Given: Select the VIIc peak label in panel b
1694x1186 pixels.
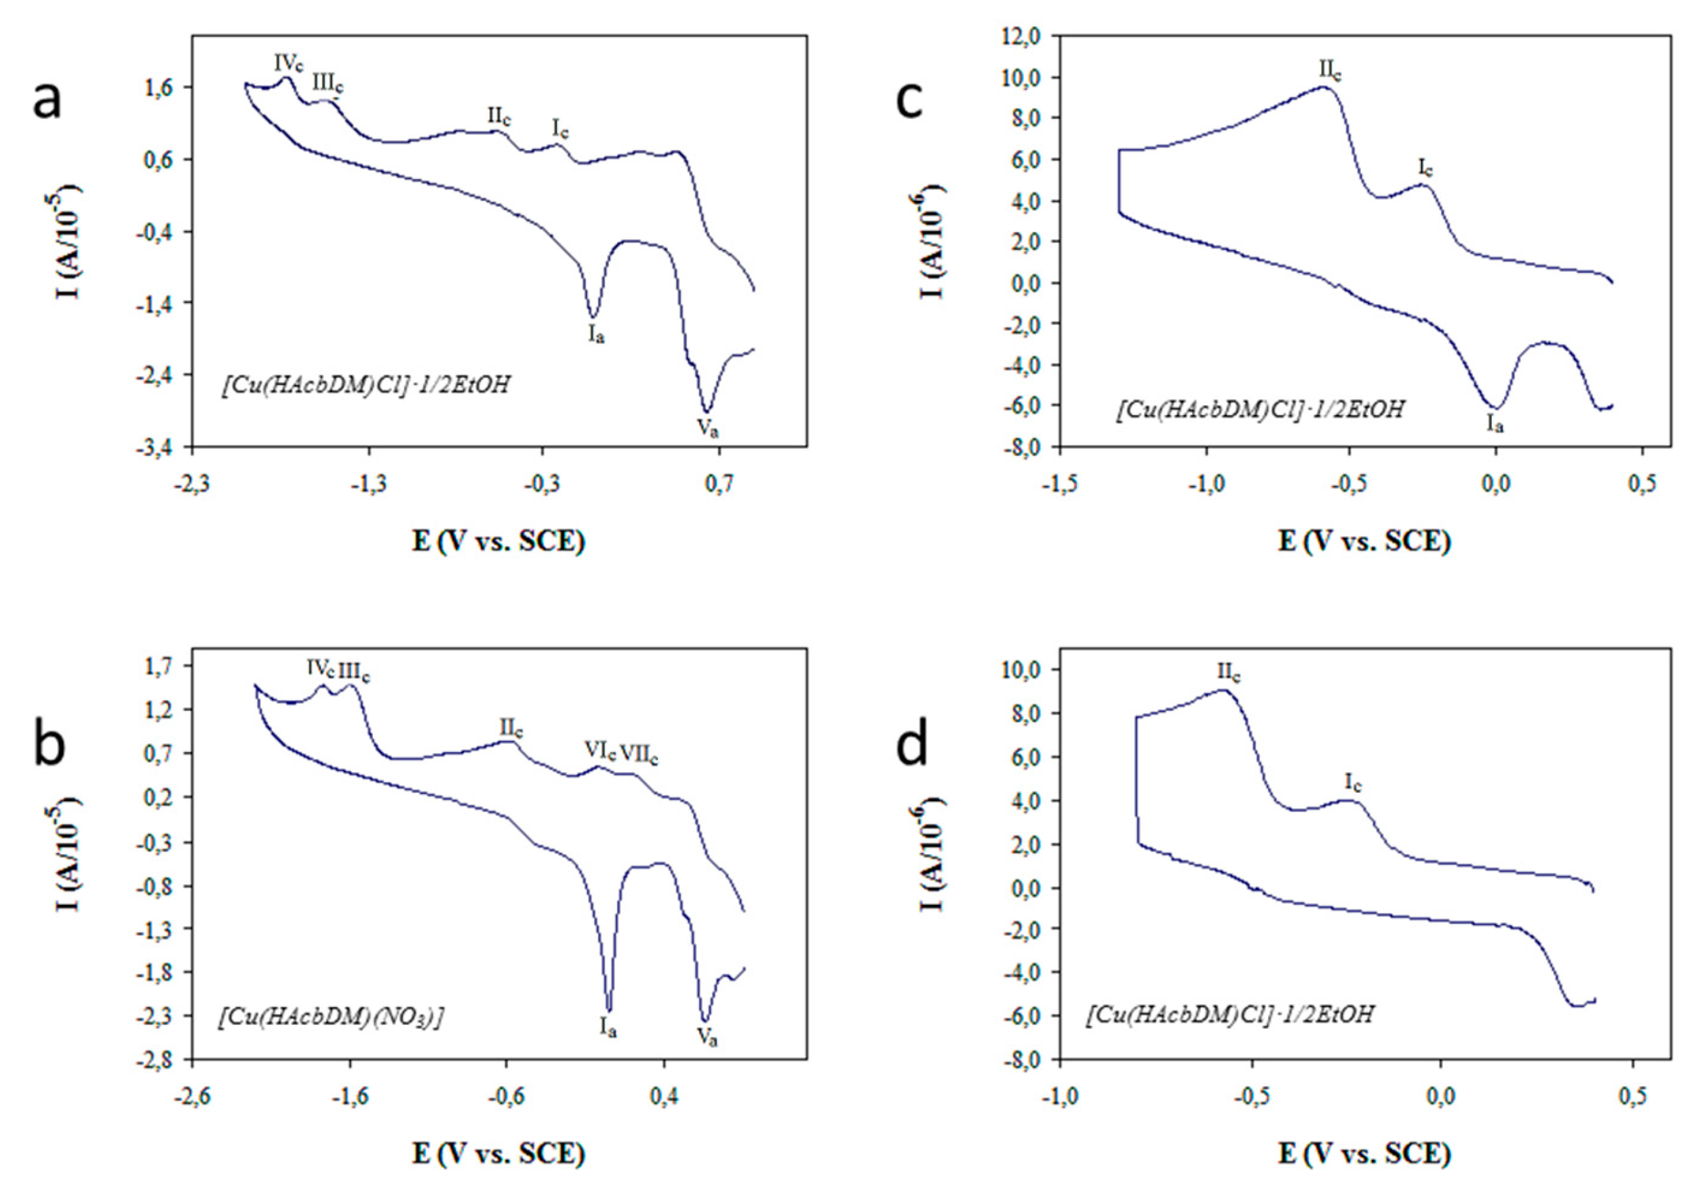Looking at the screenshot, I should pos(638,753).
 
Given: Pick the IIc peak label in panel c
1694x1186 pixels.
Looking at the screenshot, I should pos(1330,71).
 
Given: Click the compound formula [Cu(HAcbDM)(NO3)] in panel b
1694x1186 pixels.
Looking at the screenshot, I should pos(331,1017).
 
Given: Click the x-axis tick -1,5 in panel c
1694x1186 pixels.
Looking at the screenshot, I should pos(1060,484).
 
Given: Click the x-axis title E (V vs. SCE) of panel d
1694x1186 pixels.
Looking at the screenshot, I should pos(1364,1153).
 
